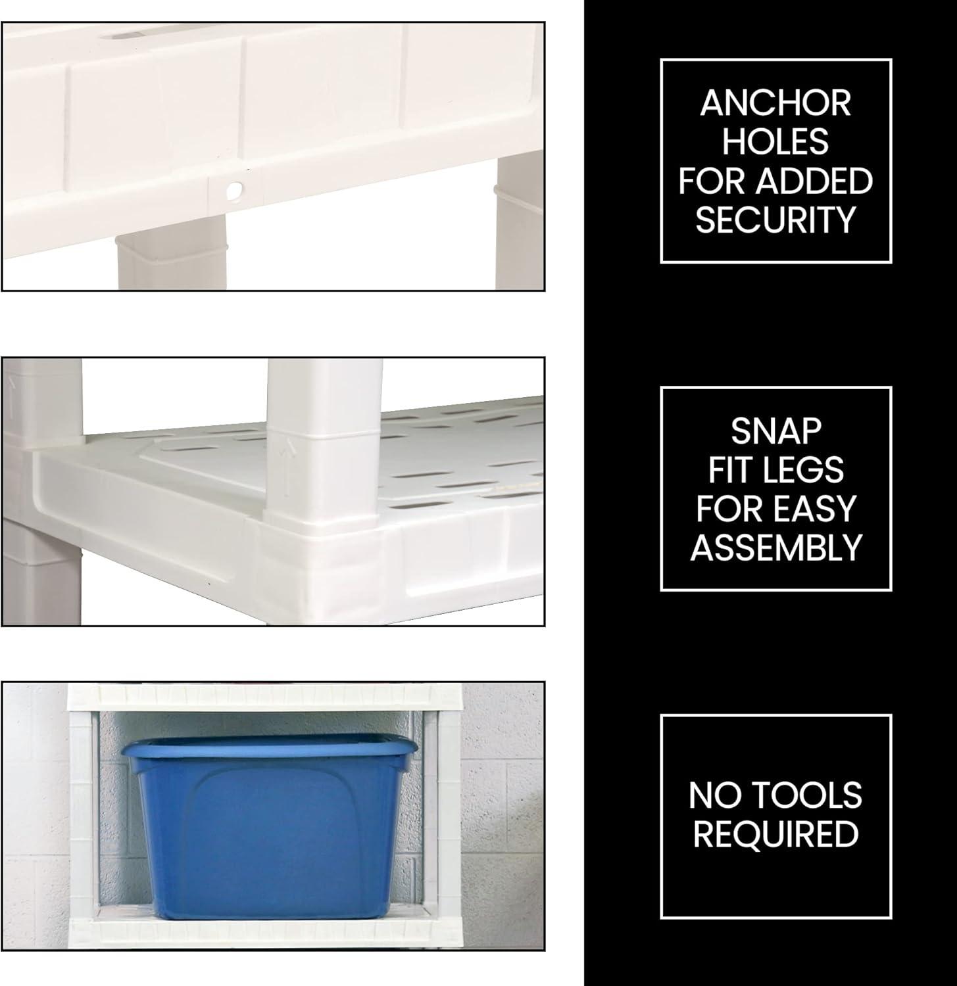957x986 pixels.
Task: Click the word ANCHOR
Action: pos(775,103)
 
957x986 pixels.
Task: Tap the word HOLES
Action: pos(775,142)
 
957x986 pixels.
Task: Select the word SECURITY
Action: pos(775,220)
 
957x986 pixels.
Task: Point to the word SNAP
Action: pos(776,431)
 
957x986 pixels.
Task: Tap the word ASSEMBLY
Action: pos(776,548)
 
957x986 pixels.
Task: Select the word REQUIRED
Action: pos(776,834)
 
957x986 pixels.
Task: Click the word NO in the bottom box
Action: pos(710,795)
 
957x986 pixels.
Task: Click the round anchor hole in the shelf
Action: pos(234,191)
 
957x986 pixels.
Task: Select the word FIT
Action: pos(730,470)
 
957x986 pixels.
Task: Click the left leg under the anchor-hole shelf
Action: pos(172,260)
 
